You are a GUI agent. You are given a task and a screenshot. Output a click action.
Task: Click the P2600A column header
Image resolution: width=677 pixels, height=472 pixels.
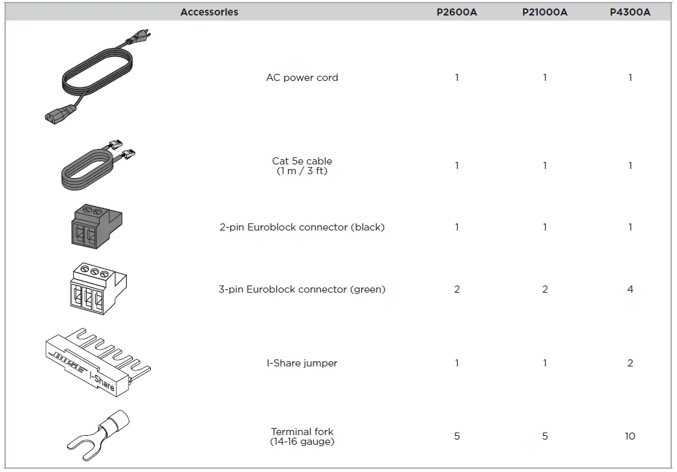pos(456,12)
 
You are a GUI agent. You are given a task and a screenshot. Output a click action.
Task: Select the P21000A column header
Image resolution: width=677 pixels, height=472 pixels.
pos(544,12)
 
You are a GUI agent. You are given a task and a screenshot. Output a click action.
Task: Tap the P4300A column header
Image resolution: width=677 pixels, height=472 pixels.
pos(630,12)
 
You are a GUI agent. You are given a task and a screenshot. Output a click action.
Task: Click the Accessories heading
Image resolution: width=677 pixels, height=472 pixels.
pos(209,12)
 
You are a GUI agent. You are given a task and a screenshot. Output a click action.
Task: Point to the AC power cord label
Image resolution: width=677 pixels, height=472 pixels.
pos(302,78)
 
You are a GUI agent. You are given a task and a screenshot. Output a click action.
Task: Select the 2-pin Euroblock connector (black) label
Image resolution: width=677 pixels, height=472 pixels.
pos(302,227)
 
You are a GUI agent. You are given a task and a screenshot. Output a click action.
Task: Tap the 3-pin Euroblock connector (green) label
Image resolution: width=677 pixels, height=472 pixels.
pos(302,289)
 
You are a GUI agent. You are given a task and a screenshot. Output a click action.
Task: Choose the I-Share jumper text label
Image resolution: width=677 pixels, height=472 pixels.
pos(302,363)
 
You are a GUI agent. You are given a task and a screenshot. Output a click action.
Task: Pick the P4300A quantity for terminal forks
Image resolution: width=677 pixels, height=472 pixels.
pos(630,436)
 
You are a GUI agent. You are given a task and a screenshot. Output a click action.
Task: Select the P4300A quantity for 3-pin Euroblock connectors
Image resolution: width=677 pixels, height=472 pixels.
pos(630,289)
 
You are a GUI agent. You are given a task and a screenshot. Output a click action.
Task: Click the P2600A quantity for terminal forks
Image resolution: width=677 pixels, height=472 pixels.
pos(456,436)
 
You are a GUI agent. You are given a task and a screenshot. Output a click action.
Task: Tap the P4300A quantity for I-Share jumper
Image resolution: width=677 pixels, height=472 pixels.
pos(630,363)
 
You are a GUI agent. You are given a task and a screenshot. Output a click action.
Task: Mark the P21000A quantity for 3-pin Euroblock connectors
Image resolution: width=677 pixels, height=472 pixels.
pos(544,289)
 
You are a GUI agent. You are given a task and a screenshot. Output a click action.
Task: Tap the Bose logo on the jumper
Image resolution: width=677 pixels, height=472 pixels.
pos(69,361)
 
